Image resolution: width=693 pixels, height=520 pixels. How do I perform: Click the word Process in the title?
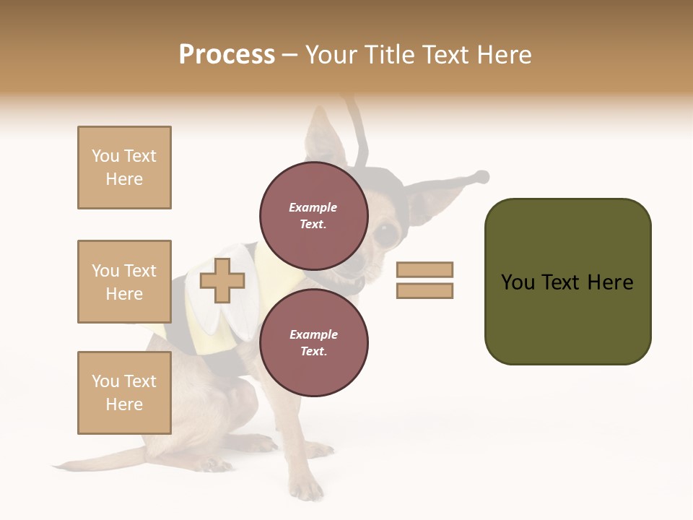[227, 55]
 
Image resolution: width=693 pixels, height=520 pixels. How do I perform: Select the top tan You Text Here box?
[124, 168]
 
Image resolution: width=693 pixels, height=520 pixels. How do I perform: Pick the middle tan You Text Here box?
[124, 282]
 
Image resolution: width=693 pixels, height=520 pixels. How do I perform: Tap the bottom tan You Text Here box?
[124, 393]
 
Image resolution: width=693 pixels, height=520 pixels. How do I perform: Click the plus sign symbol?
[222, 281]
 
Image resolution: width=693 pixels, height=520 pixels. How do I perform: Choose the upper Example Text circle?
[313, 215]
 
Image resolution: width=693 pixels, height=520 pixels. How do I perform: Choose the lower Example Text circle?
[313, 342]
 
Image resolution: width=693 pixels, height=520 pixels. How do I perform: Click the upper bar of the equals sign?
[424, 270]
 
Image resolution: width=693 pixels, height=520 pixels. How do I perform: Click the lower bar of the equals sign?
[424, 291]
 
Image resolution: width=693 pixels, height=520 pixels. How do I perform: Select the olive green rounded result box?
[567, 282]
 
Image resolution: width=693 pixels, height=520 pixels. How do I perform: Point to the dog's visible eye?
[386, 233]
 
